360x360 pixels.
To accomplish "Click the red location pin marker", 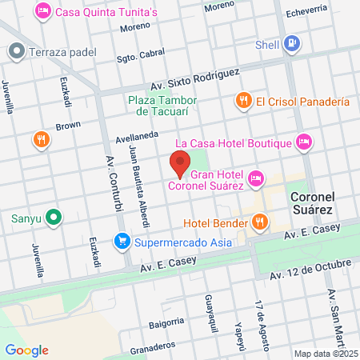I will point(180,163).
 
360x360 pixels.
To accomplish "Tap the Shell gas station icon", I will point(293,44).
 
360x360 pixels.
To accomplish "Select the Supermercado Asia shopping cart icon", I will point(122,239).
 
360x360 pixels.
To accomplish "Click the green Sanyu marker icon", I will point(53,216).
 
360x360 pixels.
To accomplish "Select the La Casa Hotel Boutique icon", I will point(303,142).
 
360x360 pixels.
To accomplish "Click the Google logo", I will point(26,350).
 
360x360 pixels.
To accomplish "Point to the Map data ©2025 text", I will point(326,354).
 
